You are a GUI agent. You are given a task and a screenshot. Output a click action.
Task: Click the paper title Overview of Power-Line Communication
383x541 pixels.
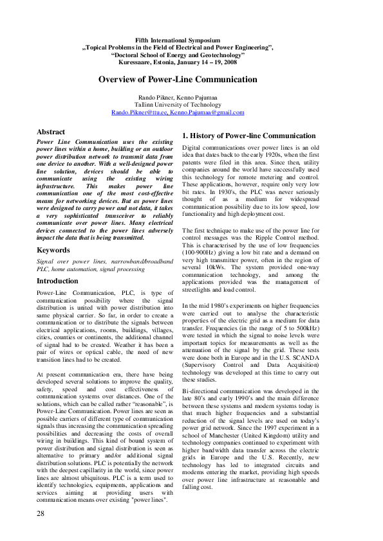(178, 80)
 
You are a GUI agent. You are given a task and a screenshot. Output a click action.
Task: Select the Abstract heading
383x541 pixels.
(51, 132)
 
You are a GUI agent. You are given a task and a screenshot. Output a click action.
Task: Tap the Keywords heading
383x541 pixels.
(53, 250)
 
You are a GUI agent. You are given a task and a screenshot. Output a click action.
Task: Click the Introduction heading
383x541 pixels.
(57, 281)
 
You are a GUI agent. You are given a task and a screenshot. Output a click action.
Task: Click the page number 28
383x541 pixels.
(41, 514)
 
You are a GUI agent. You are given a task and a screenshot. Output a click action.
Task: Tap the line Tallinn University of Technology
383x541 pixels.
(178, 105)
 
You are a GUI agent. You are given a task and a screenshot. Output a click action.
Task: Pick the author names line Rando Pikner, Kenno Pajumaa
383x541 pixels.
(178, 97)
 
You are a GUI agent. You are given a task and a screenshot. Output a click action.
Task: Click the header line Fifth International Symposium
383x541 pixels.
(178, 40)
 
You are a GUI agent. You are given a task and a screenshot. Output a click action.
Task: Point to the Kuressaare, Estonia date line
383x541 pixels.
(178, 63)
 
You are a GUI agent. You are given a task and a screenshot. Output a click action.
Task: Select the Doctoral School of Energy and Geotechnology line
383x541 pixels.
(178, 55)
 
